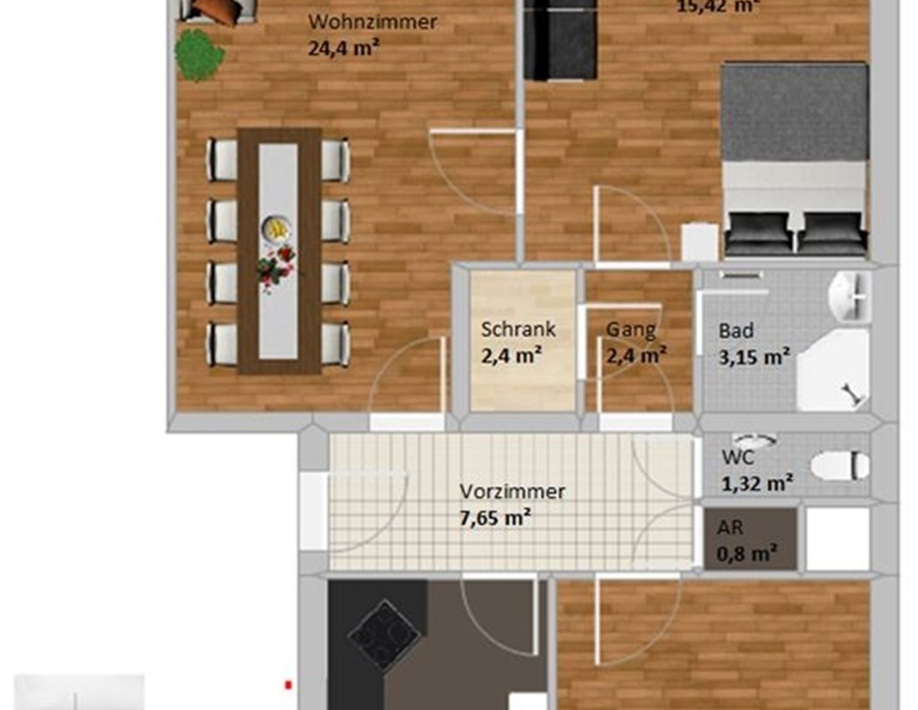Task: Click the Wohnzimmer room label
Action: pos(372,21)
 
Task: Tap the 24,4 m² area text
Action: pos(344,48)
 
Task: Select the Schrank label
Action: pos(518,329)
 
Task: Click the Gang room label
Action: pos(631,329)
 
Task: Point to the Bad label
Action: pos(736,330)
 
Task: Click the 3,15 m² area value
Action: pos(754,356)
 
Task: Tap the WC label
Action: pos(738,457)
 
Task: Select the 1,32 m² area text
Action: pos(757,482)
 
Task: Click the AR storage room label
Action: pos(730,527)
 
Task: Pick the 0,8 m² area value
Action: pos(746,554)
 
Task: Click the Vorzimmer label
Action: pos(512,491)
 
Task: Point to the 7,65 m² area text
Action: pos(495,518)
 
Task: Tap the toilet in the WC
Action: pos(840,466)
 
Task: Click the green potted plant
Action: pos(198,55)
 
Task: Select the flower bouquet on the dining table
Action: pos(275,268)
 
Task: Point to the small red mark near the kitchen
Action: pos(289,685)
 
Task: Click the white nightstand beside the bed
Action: pos(700,242)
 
